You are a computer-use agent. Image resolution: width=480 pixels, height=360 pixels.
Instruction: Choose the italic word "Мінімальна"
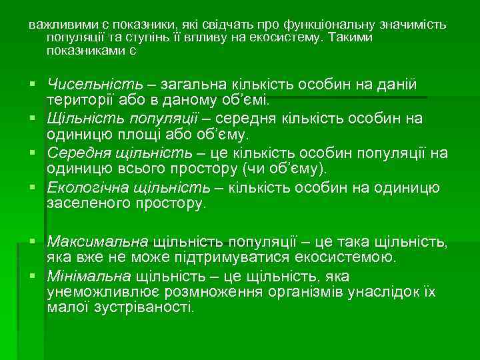[89, 275]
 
